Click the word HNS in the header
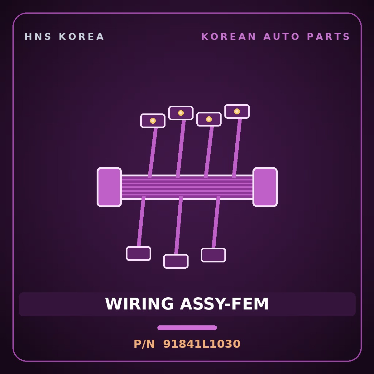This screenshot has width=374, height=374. pos(38,37)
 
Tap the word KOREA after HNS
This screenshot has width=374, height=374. pos(81,37)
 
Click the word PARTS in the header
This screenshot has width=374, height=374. pos(328,37)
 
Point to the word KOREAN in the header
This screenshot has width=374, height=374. pos(228,37)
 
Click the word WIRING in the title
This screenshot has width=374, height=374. pos(139,304)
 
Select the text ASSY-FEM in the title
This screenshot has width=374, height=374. pos(224,304)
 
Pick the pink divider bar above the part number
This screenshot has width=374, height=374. pos(187,328)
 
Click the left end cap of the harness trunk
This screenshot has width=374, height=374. pos(109,187)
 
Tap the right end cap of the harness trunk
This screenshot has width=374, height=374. pos(265,187)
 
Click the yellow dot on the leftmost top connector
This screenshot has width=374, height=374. pos(153,121)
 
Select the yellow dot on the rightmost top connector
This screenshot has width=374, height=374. pos(237,111)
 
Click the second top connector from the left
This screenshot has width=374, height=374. pos(181,113)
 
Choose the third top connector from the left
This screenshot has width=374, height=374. pos(209,119)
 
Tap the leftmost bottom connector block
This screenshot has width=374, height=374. pos(139,253)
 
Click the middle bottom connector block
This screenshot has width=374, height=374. pos(176,261)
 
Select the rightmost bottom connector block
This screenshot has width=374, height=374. pos(213,255)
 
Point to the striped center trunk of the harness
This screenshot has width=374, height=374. pos(187,187)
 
